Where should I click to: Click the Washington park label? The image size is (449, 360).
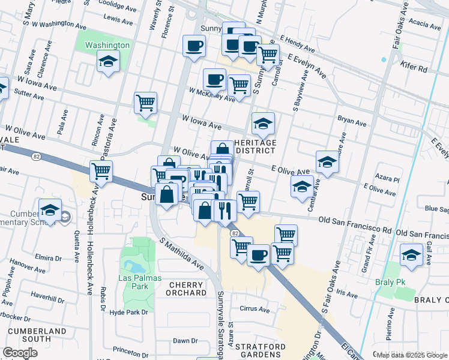coord(107,45)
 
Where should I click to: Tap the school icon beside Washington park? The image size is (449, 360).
coord(108,62)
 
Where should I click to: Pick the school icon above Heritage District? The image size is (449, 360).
coord(263,124)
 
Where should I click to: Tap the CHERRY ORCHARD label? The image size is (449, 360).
coord(187,289)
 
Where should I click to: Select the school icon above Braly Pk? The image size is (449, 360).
coord(411,256)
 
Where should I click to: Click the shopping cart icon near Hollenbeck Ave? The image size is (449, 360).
coord(101,171)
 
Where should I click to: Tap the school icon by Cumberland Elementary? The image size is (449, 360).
coord(50,211)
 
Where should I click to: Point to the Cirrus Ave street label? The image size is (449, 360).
coord(255,310)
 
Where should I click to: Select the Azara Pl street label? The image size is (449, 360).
coord(388,179)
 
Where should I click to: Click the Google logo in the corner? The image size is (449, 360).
coord(20,352)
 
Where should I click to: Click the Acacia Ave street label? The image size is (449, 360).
coord(426,25)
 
